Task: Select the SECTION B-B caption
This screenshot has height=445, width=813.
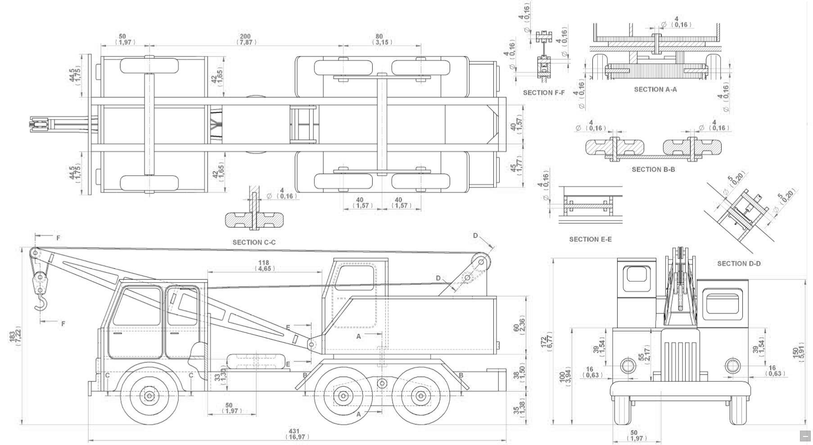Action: tap(653, 169)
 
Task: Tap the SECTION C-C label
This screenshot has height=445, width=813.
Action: tap(254, 242)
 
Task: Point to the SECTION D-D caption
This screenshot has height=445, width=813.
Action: tap(739, 263)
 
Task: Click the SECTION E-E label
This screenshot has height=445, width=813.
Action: tap(590, 239)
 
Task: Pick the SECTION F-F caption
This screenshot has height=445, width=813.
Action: tap(543, 93)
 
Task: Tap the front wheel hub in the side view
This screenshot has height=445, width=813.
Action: tap(149, 396)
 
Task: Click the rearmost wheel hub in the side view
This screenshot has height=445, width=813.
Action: tap(420, 396)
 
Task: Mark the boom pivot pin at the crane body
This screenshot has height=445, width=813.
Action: tap(312, 345)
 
